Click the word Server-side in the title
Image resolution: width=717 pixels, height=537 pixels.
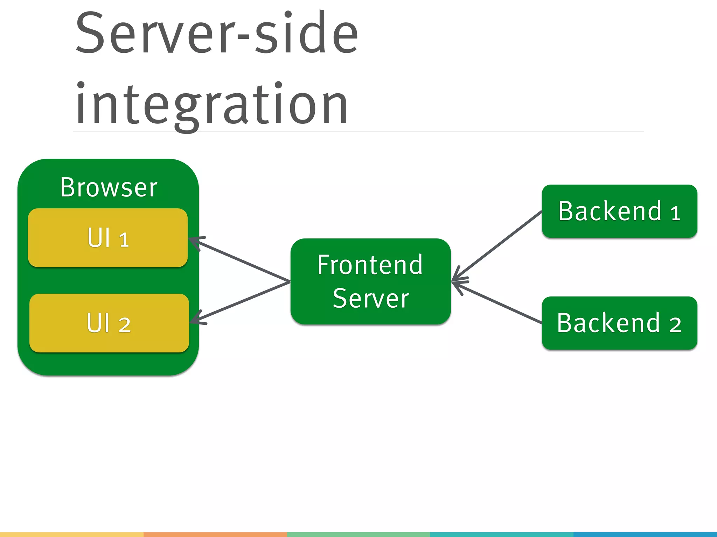(217, 33)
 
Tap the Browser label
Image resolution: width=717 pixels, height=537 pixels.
(109, 188)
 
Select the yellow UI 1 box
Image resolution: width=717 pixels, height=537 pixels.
(108, 238)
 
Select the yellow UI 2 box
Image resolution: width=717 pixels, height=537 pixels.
(109, 323)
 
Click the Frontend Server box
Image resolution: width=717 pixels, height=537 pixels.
(370, 281)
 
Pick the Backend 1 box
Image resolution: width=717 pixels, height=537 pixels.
(619, 211)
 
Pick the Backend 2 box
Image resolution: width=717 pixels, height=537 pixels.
(619, 323)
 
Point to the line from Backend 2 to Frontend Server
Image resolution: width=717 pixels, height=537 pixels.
(497, 302)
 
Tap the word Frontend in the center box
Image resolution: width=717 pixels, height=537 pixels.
(370, 265)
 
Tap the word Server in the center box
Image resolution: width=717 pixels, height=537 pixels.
(371, 299)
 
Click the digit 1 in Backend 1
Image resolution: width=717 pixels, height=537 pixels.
(675, 213)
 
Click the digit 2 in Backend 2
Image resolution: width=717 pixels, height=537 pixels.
(675, 325)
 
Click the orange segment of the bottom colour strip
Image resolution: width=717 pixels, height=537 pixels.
(215, 535)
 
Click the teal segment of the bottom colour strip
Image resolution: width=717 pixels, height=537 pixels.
(501, 535)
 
